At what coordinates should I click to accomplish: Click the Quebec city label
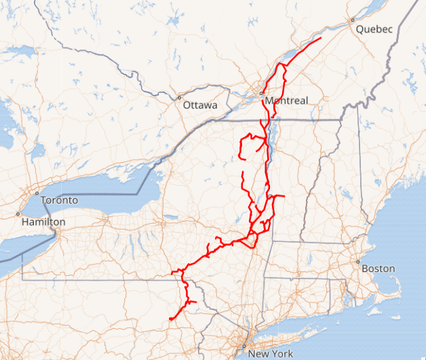pos(374,29)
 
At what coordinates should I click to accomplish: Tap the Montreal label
pos(286,101)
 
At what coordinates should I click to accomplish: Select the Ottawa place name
pos(200,106)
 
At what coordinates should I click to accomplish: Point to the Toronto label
pos(59,201)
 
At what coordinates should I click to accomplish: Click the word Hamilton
pos(43,222)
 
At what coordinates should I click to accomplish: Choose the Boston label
pos(378,268)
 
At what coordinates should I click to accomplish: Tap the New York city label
pos(270,354)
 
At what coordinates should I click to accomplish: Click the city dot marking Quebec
pos(353,20)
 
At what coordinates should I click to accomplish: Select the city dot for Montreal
pos(262,93)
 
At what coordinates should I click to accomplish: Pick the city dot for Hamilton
pos(18,214)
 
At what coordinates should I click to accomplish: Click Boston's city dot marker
pos(357,261)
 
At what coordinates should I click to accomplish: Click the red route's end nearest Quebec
pos(320,40)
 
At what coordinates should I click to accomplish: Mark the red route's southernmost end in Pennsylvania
pos(170,319)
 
